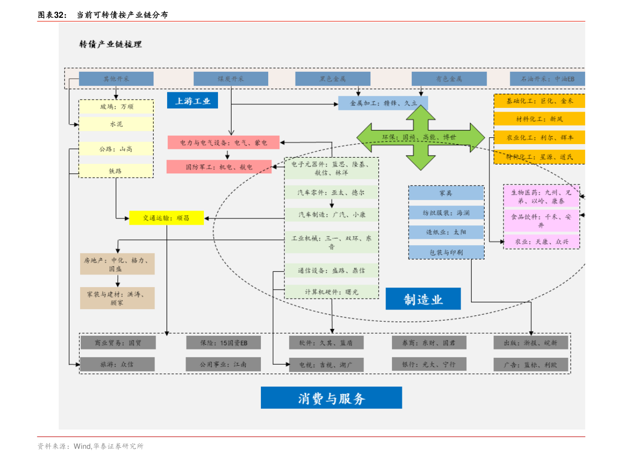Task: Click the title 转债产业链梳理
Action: coord(111,45)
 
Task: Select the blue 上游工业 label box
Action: coord(192,101)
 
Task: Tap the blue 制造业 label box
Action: coord(423,299)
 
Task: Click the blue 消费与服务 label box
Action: coord(331,398)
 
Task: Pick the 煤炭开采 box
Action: coord(231,79)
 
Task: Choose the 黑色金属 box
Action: coord(333,79)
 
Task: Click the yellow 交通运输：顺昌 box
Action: coord(166,217)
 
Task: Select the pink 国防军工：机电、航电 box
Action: coord(219,167)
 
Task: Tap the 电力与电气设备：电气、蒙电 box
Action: coord(223,142)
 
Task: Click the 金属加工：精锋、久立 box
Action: coord(382,103)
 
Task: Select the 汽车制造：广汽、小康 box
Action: coord(332,214)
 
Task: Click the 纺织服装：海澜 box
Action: coord(446,213)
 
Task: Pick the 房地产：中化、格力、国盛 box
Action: coord(117,264)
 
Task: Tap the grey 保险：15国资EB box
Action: coord(223,343)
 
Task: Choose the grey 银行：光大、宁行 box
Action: coord(429,364)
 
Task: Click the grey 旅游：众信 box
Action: coord(117,364)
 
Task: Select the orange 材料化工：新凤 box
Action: coord(539,118)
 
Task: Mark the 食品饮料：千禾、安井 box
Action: coord(541,221)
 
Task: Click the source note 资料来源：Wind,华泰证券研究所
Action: coord(90,446)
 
